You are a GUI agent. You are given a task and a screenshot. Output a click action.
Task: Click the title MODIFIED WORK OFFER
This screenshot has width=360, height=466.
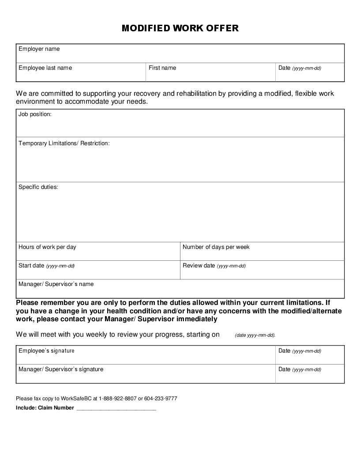(x=180, y=28)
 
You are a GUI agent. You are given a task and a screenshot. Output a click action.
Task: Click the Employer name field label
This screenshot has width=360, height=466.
(x=39, y=49)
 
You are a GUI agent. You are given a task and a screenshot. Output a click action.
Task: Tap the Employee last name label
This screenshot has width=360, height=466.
(x=45, y=68)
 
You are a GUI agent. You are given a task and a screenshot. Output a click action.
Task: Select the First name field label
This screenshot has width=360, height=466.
(x=162, y=68)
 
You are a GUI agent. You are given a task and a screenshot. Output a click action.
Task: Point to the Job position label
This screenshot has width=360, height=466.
(x=35, y=114)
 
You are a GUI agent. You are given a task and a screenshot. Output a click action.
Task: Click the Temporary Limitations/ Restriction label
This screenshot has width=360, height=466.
(x=64, y=143)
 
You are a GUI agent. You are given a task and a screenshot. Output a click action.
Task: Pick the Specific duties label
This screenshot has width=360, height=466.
(x=38, y=187)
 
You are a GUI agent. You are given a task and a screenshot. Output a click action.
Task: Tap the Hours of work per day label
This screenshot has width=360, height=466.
(x=47, y=247)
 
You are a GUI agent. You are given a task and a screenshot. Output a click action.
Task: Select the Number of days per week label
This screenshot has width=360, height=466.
(x=216, y=247)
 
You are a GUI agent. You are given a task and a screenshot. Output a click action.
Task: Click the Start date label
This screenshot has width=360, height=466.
(x=31, y=266)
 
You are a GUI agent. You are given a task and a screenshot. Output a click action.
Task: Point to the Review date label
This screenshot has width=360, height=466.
(x=199, y=266)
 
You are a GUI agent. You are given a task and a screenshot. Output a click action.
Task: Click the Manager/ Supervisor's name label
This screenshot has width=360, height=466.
(x=56, y=284)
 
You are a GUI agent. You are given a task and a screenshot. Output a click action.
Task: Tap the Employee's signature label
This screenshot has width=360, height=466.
(x=46, y=351)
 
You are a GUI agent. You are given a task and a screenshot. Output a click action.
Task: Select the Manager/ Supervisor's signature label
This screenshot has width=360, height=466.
(x=61, y=369)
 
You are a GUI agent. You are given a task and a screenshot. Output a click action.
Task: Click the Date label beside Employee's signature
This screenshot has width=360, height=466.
(x=285, y=351)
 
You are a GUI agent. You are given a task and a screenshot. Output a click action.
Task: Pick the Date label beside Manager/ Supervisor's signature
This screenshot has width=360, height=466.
(x=285, y=369)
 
